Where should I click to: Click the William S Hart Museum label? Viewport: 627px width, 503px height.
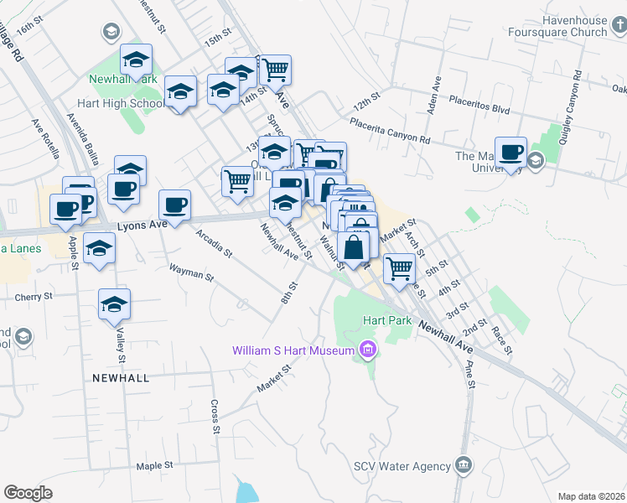(293, 350)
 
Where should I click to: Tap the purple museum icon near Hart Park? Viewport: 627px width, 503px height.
(366, 350)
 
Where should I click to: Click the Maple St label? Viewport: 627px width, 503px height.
(154, 465)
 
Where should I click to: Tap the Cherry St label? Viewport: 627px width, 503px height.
(34, 297)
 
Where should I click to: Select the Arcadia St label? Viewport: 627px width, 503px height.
(213, 241)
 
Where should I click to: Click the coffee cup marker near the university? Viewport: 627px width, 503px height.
(510, 153)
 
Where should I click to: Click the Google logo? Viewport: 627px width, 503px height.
(28, 493)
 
